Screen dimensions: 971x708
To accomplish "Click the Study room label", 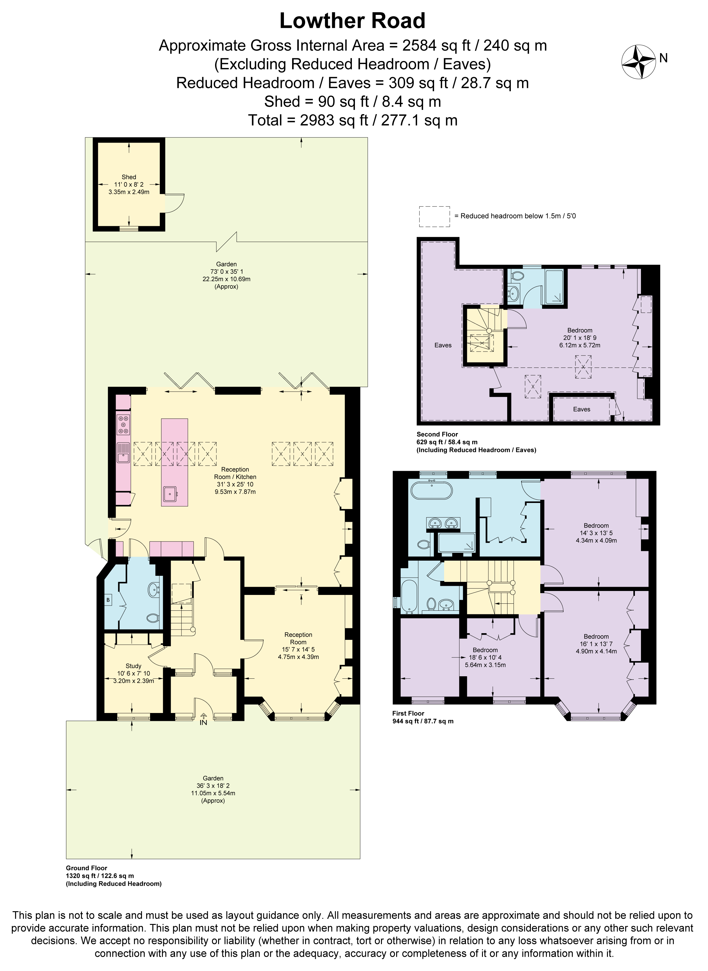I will tap(133, 666).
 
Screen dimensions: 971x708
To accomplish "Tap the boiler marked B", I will tap(108, 599).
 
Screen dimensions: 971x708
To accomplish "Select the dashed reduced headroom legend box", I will tap(434, 216).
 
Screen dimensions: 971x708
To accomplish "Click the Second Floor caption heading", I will tap(437, 434).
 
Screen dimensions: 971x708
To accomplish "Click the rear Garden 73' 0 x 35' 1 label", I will tap(226, 271).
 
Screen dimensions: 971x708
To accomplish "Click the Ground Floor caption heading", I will tap(86, 867).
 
